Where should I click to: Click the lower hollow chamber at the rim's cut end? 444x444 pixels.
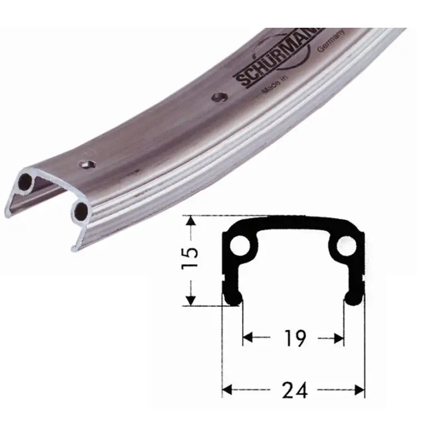[81, 210]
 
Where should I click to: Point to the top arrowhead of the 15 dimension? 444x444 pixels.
[190, 221]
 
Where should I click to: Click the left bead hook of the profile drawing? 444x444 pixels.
[233, 298]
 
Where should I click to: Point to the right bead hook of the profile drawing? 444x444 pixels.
[354, 298]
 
